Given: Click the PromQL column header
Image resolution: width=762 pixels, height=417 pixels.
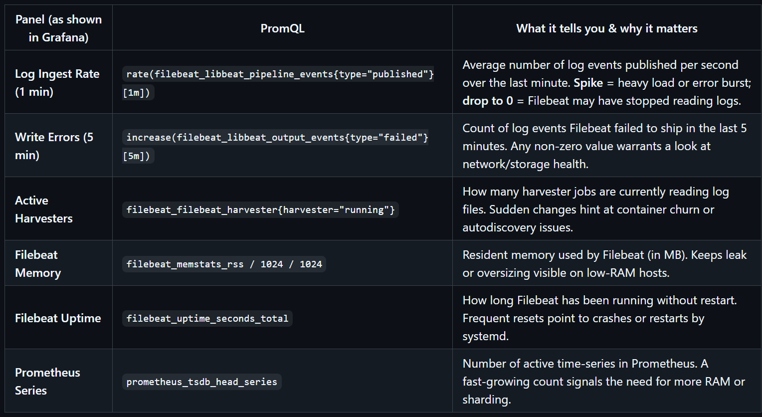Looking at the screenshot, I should click(x=282, y=28).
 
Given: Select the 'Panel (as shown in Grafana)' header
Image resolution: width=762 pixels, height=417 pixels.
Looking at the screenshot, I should click(x=58, y=28).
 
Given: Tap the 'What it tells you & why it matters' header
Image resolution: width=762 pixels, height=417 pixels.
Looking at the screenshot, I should click(x=606, y=28).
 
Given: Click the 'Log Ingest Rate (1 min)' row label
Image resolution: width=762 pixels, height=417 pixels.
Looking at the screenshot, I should click(x=57, y=83).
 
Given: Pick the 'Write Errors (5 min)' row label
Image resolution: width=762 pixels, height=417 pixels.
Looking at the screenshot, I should click(x=54, y=146).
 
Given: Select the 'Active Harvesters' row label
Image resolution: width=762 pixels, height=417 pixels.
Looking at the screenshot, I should click(x=44, y=209).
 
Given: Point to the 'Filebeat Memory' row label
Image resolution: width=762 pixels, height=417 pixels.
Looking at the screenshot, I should click(x=38, y=264).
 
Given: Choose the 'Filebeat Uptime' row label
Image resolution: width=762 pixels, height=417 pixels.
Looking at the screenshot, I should click(x=58, y=318).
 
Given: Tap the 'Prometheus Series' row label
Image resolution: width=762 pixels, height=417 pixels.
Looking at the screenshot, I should click(x=47, y=382).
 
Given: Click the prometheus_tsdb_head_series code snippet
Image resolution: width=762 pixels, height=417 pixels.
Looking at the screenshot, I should click(x=201, y=382).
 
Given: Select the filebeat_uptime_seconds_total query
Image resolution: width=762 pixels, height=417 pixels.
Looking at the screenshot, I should click(x=207, y=319).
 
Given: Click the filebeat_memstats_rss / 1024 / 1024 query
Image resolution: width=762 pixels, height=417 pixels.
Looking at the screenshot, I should click(x=224, y=264).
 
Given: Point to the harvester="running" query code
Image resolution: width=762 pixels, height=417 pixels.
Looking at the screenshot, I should click(x=260, y=210).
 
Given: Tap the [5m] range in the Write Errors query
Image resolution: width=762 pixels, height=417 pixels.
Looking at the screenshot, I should click(x=138, y=156).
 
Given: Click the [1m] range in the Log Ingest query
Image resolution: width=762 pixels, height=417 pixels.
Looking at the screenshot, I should click(x=138, y=93).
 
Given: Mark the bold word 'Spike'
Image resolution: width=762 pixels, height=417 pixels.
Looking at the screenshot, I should click(x=588, y=83).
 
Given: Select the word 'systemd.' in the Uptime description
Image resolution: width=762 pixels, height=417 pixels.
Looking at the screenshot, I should click(x=485, y=336).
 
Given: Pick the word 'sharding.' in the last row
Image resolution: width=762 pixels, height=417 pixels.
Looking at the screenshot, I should click(x=486, y=400).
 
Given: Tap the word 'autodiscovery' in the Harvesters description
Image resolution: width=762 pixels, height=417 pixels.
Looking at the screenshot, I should click(x=497, y=227).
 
